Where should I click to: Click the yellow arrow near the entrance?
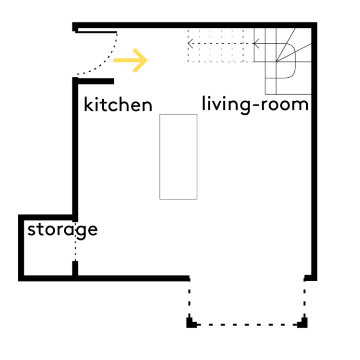(130, 60)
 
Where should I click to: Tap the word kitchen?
(118, 105)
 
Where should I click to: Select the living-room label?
(255, 105)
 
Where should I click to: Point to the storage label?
(62, 230)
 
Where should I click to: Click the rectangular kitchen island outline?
(160, 156)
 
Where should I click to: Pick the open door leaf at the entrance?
(96, 32)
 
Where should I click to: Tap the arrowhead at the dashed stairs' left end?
(190, 43)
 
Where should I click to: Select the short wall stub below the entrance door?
(96, 81)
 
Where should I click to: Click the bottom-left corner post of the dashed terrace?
(191, 323)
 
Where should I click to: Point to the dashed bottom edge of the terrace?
(247, 324)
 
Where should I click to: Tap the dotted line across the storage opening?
(75, 241)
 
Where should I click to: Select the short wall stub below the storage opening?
(75, 268)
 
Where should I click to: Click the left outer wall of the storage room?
(21, 248)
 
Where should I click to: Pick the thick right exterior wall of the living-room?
(314, 152)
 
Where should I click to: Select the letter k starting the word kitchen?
(88, 104)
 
